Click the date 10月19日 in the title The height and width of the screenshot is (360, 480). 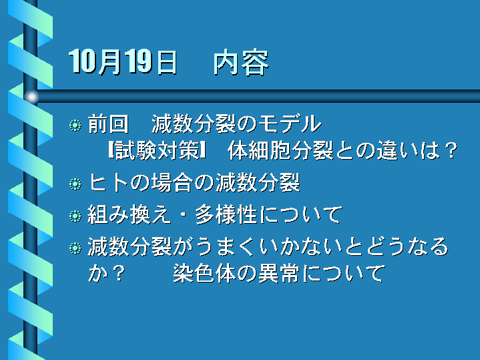123,62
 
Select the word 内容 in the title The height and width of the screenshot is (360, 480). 241,63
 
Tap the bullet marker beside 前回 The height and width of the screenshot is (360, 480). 75,126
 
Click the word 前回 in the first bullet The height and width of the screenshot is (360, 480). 108,124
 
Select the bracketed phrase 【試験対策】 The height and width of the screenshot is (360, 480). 156,150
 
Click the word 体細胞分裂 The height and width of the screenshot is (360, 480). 280,150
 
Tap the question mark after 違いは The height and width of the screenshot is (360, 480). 451,150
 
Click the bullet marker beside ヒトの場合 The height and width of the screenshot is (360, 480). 75,184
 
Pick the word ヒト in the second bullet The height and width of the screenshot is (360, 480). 108,183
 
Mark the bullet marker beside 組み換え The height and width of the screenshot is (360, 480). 75,216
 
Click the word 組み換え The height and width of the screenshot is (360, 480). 129,214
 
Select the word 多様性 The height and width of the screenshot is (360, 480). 226,214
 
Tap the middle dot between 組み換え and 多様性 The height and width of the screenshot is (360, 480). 183,215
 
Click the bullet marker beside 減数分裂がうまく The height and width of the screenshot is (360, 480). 75,248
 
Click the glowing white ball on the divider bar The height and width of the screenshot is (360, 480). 31,97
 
